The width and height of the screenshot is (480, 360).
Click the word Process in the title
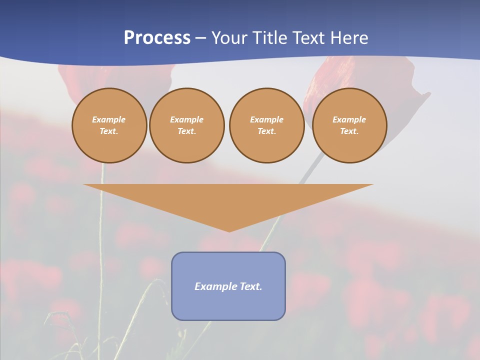click(x=157, y=38)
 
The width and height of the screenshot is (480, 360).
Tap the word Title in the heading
click(x=272, y=38)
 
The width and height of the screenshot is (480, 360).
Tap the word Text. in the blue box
click(x=250, y=286)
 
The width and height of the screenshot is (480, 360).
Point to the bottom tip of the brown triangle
click(x=229, y=230)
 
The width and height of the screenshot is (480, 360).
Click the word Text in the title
click(x=307, y=38)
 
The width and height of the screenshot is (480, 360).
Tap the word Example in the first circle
click(x=109, y=119)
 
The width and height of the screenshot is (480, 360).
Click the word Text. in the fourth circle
click(x=349, y=131)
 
